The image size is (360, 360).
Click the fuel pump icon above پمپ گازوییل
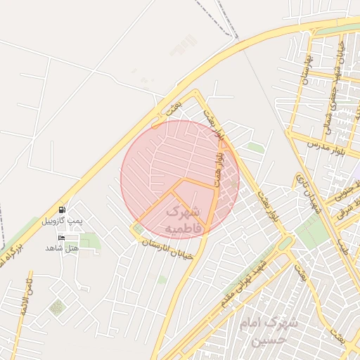(63, 210)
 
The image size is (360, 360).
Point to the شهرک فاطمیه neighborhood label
(183, 219)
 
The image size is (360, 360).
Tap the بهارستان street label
(305, 67)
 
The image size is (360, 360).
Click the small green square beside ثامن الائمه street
(56, 307)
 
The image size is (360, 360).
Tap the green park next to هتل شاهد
(89, 241)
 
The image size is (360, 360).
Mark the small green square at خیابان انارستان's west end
(138, 229)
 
